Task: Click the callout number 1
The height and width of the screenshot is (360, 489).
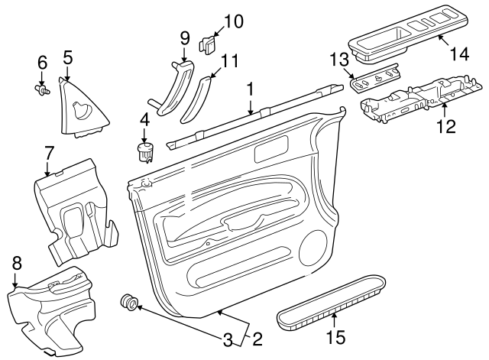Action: (x=250, y=89)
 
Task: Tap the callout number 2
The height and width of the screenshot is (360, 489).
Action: (x=257, y=338)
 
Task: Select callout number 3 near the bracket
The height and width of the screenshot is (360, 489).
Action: (x=227, y=338)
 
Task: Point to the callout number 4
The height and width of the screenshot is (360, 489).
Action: (x=144, y=119)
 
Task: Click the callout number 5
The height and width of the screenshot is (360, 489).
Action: (x=67, y=57)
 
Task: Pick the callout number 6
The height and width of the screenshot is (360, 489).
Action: (x=42, y=61)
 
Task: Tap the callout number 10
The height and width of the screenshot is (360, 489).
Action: (x=233, y=20)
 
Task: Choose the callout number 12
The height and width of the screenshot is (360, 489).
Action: (x=445, y=125)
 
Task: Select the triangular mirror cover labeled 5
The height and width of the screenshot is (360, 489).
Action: (x=82, y=108)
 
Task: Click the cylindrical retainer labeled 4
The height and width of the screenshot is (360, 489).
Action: (x=144, y=150)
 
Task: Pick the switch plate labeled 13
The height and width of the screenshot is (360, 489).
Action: (x=377, y=79)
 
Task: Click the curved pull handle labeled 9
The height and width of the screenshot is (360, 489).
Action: (x=174, y=89)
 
